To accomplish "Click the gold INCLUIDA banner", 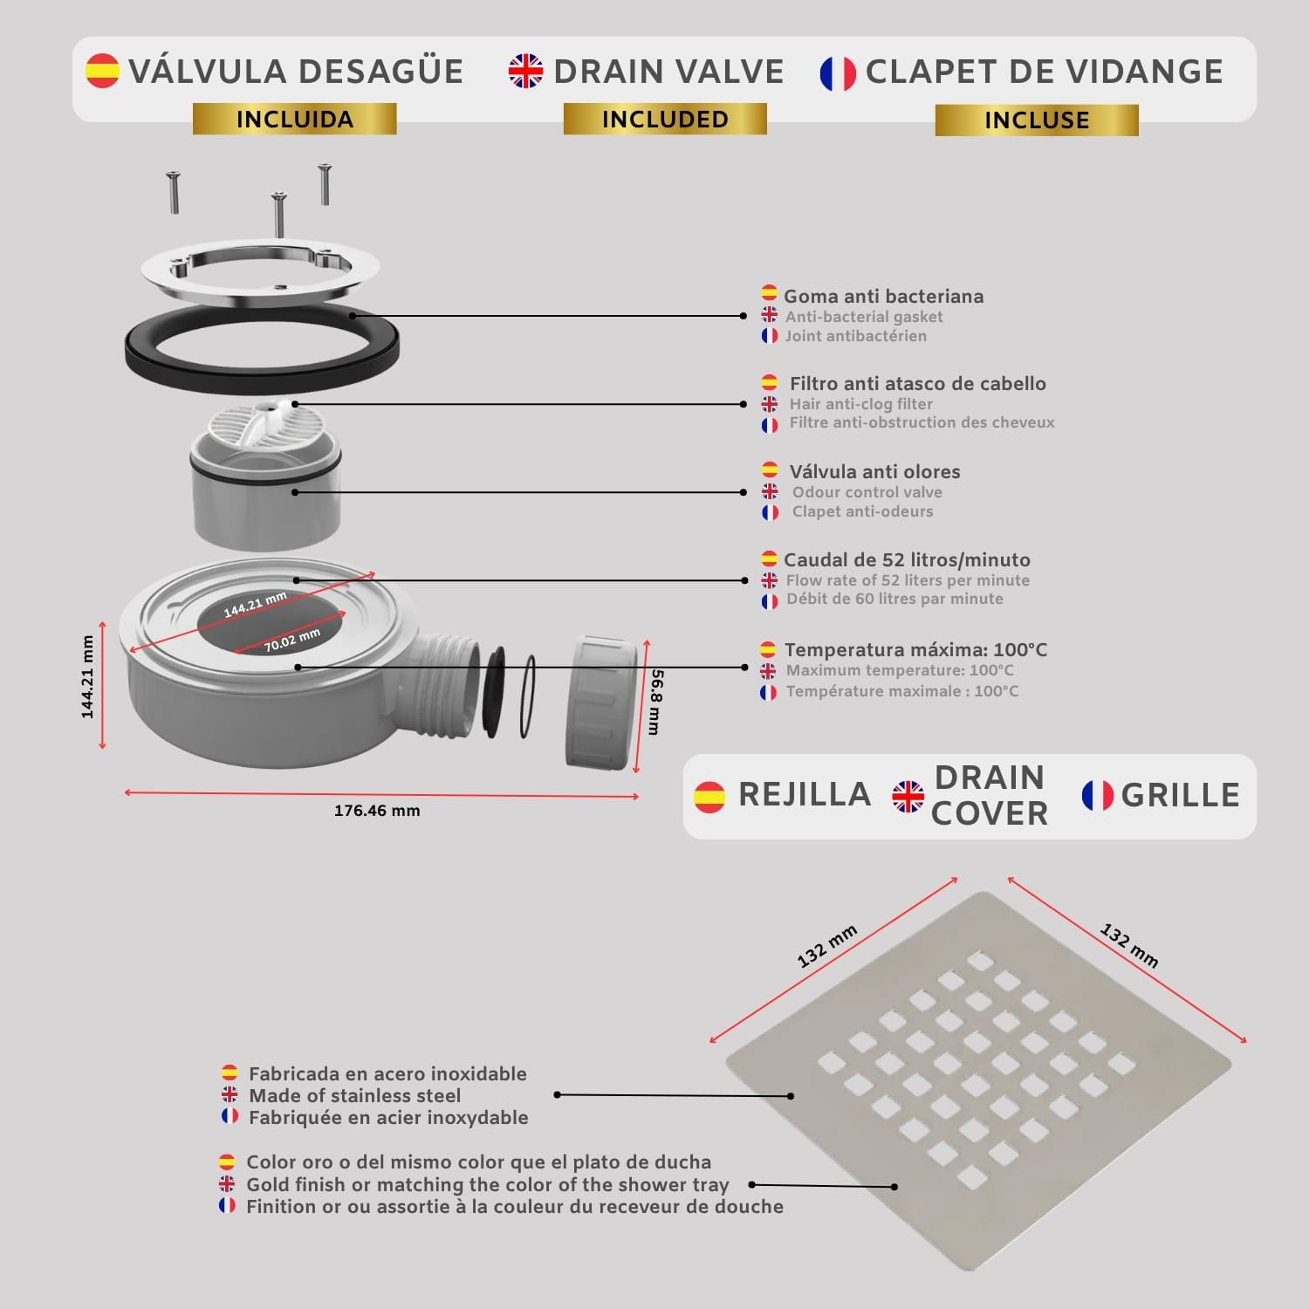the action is [295, 119].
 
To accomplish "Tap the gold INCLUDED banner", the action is [665, 119].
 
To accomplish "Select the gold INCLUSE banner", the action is [1037, 120].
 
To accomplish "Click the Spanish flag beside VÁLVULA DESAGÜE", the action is [102, 71].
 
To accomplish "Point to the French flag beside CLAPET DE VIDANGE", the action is [838, 73].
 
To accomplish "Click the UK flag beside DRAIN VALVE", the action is [525, 71].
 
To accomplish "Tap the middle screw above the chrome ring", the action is [278, 214].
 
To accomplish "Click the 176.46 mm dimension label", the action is [377, 811].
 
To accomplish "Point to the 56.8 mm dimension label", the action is [655, 702].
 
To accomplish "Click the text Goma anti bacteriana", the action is [883, 297].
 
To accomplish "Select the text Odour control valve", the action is [867, 492].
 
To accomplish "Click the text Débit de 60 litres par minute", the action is [894, 600].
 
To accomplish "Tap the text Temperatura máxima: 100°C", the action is [915, 650].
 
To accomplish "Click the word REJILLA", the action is [805, 795].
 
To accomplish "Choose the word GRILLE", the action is [1180, 796].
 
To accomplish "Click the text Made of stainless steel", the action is [354, 1096].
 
